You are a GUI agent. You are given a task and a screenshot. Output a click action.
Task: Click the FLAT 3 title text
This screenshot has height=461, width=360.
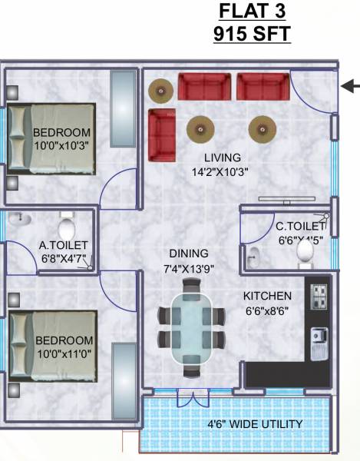click(x=255, y=12)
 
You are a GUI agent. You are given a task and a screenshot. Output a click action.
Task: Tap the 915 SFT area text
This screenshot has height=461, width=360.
click(x=255, y=35)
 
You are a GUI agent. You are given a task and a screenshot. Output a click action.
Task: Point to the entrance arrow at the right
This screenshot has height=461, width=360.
click(x=350, y=87)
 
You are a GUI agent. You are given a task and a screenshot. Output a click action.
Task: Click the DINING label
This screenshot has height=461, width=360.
click(x=189, y=254)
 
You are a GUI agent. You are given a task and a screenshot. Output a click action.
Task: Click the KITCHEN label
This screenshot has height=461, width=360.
click(x=267, y=296)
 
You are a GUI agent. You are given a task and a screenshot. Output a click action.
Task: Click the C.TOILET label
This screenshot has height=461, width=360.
click(x=300, y=226)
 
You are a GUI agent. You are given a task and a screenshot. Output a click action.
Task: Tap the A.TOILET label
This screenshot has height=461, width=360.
click(x=64, y=246)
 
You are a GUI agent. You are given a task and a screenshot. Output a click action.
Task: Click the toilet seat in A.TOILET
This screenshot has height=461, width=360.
click(x=67, y=228)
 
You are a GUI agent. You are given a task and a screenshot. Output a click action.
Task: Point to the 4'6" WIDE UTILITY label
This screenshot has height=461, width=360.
click(x=256, y=424)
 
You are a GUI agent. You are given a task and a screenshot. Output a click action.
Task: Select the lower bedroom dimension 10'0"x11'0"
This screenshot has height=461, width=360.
click(x=64, y=353)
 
